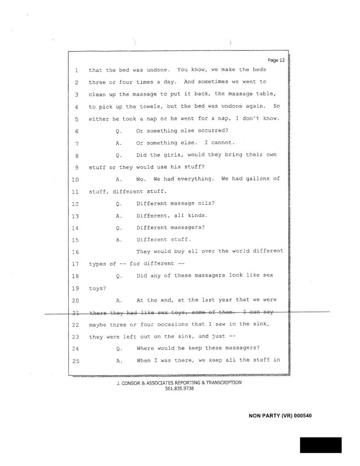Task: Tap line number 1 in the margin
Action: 76,70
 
